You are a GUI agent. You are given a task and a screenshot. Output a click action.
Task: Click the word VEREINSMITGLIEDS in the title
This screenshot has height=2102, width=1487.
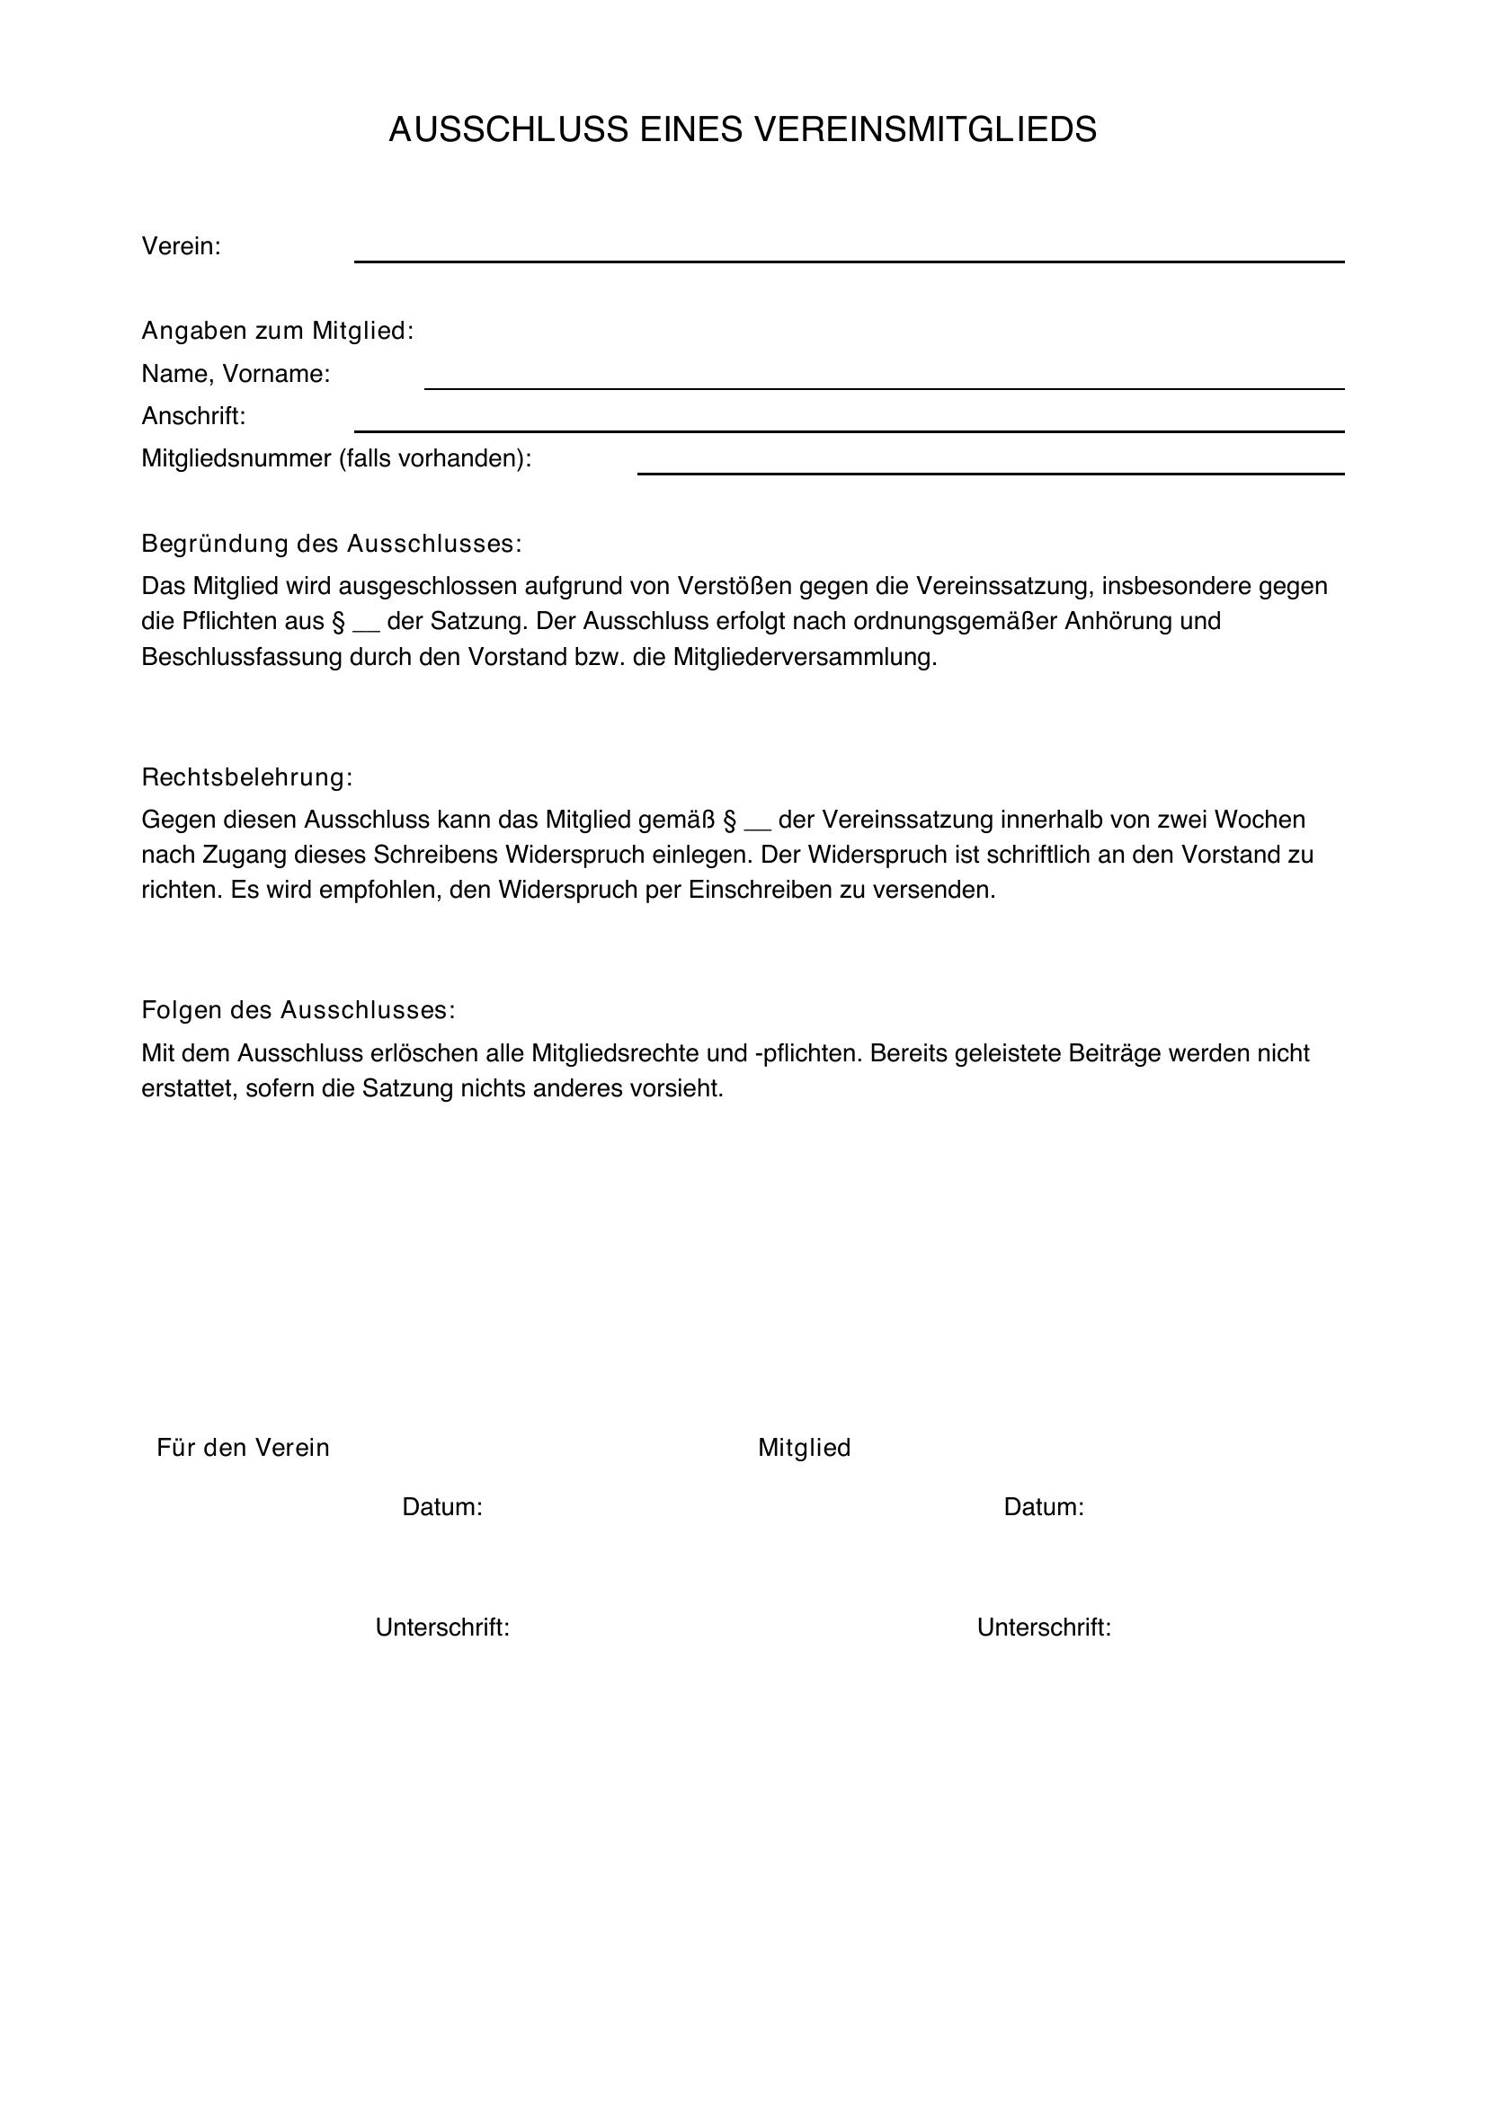pyautogui.click(x=924, y=130)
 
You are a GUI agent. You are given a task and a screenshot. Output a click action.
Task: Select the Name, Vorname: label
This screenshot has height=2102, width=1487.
pyautogui.click(x=236, y=374)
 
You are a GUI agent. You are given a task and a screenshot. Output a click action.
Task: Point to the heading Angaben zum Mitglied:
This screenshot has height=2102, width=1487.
pyautogui.click(x=278, y=331)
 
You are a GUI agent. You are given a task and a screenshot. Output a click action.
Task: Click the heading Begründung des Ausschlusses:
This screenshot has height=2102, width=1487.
pyautogui.click(x=332, y=544)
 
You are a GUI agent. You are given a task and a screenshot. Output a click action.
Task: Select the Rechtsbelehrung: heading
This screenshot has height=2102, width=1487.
pyautogui.click(x=247, y=777)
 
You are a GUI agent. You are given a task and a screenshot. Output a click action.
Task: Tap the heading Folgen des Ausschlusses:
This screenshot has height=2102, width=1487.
pyautogui.click(x=298, y=1010)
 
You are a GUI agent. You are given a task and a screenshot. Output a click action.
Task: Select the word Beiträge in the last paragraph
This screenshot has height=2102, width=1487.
pyautogui.click(x=1117, y=1053)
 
